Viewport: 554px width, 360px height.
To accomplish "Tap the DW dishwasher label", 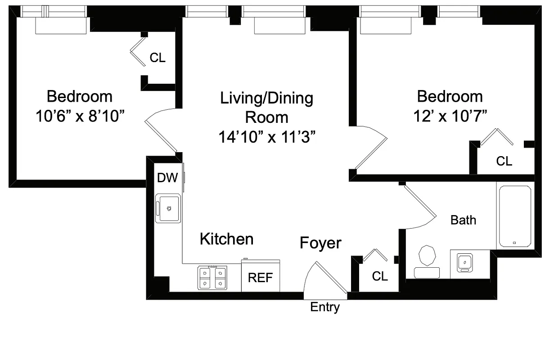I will tap(167, 178).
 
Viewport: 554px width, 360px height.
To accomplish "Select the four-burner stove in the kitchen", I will tap(212, 278).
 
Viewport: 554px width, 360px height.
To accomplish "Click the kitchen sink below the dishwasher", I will tap(168, 208).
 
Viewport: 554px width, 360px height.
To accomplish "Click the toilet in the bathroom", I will tap(427, 261).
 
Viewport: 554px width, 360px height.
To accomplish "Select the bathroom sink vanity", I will tap(464, 262).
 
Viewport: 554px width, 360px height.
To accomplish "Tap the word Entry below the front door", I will tap(325, 307).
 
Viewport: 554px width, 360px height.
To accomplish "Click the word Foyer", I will tap(320, 243).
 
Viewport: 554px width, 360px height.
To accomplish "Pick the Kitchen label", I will tap(226, 239).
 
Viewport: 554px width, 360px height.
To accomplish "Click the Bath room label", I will tap(463, 220).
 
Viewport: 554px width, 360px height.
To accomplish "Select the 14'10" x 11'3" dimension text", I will tap(266, 137).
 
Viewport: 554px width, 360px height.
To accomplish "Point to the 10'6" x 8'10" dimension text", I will tap(80, 117).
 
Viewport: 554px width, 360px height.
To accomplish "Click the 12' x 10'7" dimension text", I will tap(450, 117).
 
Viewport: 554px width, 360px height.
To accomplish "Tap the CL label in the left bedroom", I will tap(158, 58).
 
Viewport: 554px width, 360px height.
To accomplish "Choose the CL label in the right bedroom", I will tap(504, 161).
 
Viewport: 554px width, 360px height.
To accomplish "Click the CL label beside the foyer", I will tap(380, 276).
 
